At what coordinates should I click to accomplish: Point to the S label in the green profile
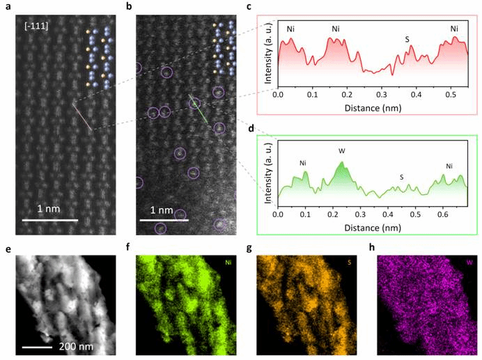pos(401,177)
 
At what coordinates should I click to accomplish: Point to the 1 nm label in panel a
pos(52,209)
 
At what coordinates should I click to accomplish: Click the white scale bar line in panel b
pos(167,221)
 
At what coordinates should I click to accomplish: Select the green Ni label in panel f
pos(228,263)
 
